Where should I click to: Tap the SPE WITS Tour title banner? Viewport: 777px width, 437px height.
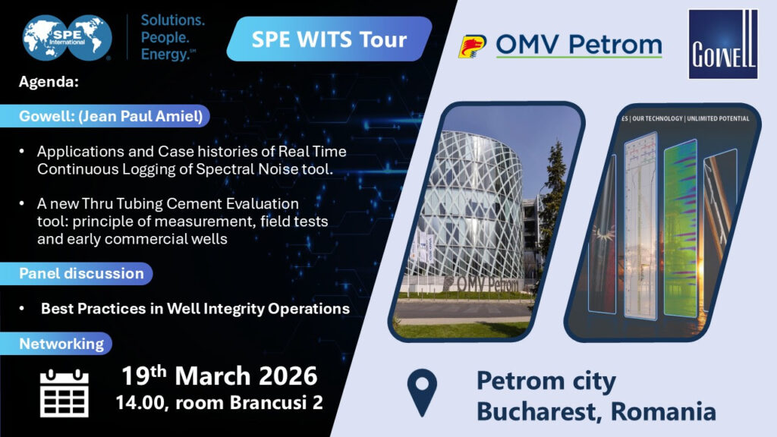point(329,39)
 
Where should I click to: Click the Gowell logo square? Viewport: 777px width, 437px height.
point(722,44)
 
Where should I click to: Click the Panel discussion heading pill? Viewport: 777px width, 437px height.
point(81,273)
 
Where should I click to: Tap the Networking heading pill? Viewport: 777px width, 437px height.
point(61,344)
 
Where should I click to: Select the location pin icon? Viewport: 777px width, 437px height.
point(422,391)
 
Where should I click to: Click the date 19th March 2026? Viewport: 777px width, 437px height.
point(220,376)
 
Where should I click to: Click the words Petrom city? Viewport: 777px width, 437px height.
point(546,381)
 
